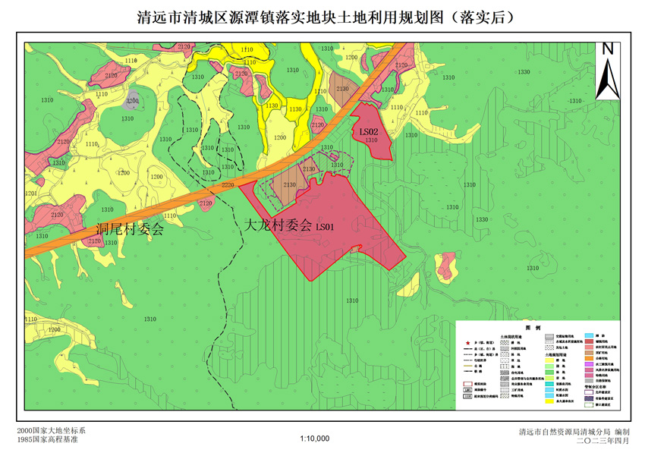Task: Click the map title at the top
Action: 322,17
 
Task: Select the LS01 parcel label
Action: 326,226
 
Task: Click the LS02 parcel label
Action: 370,131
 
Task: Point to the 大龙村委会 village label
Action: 278,225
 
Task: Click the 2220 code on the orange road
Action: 228,185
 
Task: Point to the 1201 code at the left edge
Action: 30,193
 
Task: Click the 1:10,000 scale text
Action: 314,439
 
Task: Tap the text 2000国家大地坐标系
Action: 51,431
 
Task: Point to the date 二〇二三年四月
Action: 603,440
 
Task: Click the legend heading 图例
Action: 538,328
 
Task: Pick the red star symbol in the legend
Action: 468,343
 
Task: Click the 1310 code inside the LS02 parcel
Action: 371,140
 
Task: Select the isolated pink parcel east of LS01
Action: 446,265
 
